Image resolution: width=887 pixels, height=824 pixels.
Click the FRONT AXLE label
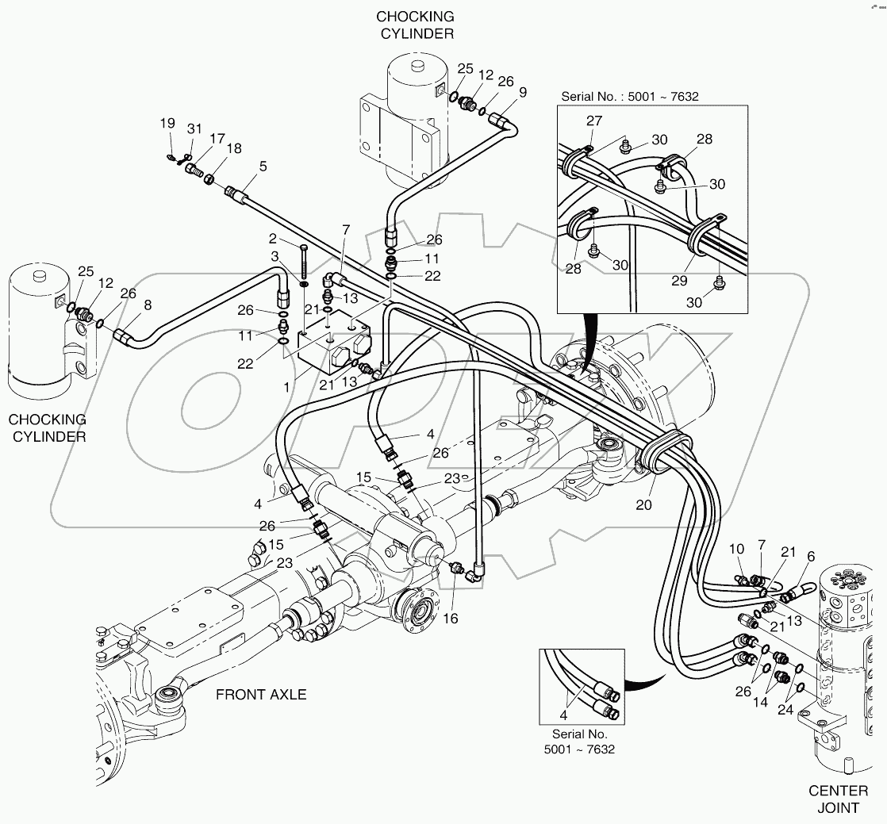tap(261, 695)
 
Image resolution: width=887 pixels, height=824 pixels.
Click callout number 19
tap(167, 123)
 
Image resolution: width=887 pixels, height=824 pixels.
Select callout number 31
tap(194, 128)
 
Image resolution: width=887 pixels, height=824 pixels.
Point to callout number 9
tap(522, 92)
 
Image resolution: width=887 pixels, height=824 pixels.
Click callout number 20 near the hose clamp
tap(643, 504)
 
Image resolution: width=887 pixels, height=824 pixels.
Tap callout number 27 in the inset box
tap(594, 121)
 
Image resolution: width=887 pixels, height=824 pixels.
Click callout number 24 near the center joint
tap(785, 711)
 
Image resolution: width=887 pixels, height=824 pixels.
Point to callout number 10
tap(737, 549)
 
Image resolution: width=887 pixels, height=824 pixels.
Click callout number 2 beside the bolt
tap(272, 239)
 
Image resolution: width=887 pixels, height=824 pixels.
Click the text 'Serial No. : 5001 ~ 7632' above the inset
tap(629, 97)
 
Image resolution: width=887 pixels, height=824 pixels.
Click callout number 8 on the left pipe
tap(147, 304)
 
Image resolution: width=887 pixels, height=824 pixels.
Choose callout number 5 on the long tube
tap(262, 167)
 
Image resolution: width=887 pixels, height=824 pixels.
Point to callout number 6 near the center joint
tap(810, 557)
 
